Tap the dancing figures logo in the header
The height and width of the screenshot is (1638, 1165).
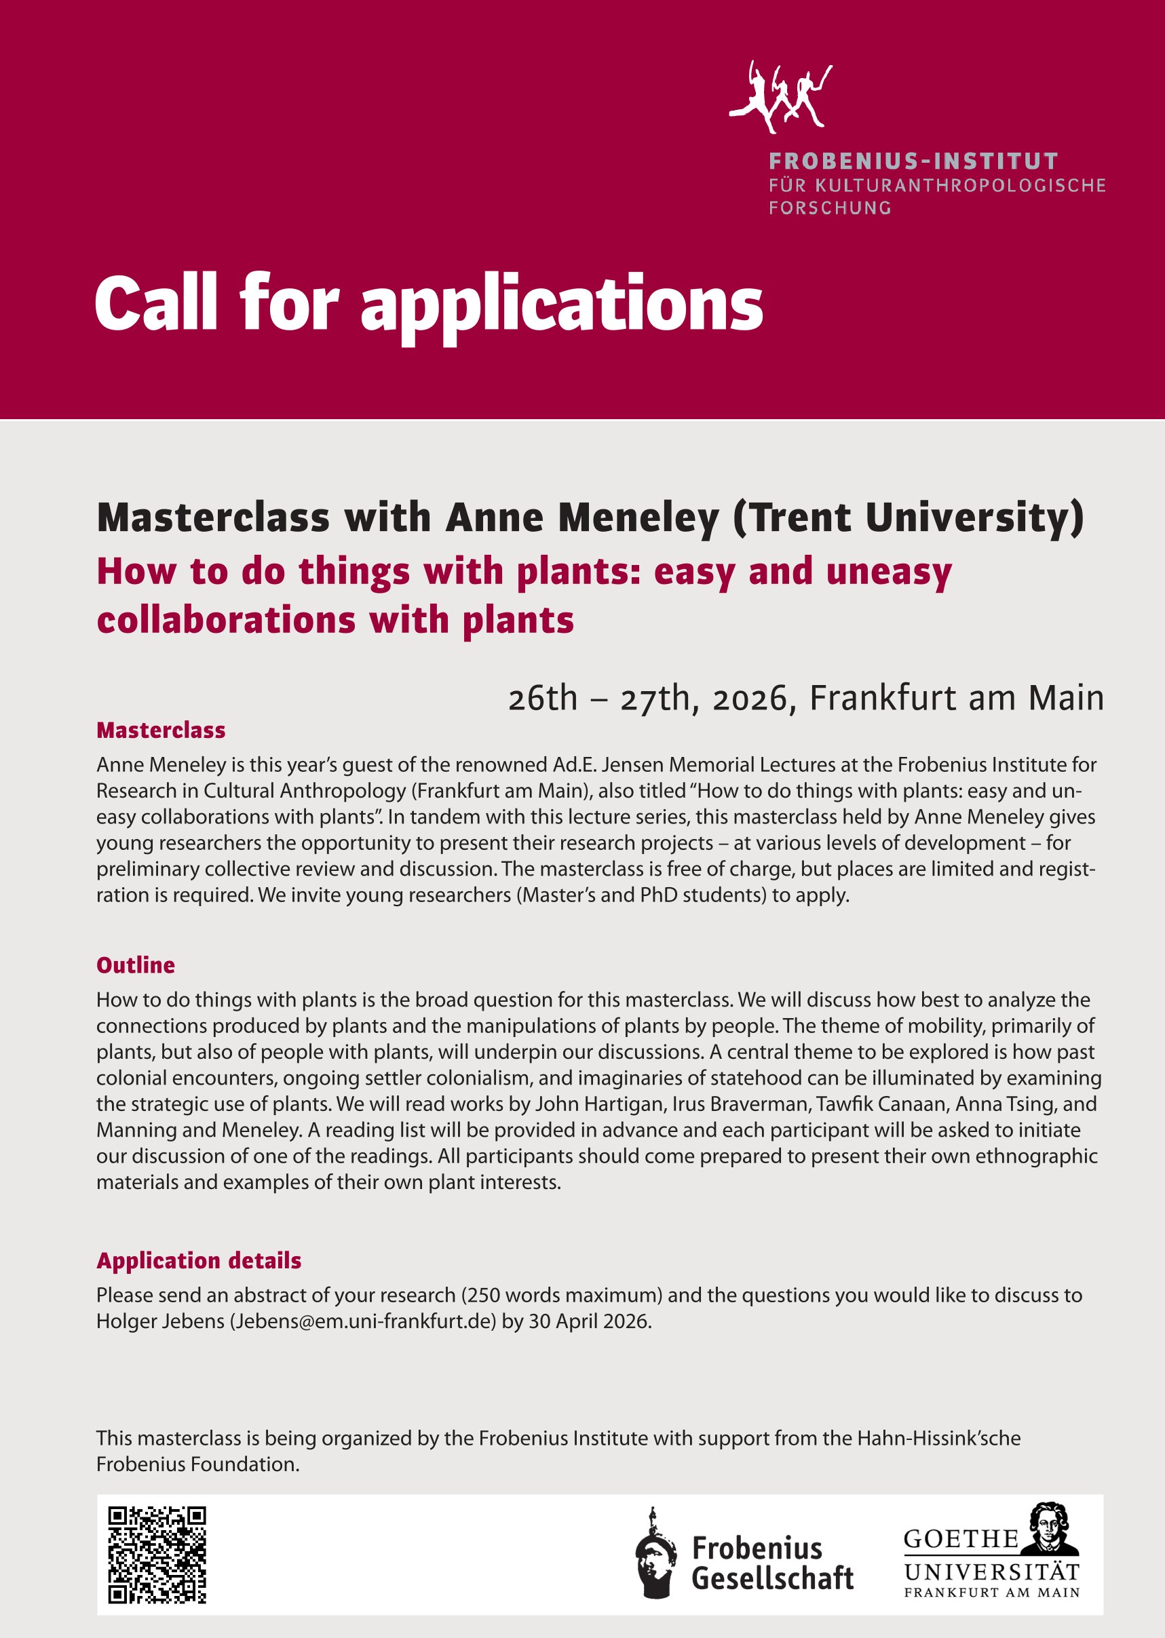pos(780,97)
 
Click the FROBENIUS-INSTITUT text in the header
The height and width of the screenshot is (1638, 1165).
pos(913,161)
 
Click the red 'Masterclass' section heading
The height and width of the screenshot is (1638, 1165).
pos(161,730)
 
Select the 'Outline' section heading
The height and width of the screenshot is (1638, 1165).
pos(136,965)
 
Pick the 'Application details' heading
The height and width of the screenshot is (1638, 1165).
pos(199,1260)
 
